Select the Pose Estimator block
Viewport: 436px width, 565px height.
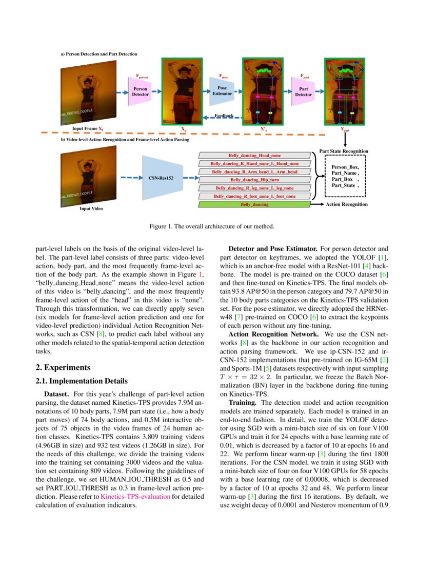tap(222, 91)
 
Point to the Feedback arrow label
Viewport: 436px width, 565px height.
tap(224, 116)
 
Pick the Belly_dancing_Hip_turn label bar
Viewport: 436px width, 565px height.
tap(254, 180)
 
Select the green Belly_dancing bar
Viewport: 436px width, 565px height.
tap(254, 204)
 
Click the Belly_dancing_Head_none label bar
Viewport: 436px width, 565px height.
tap(254, 155)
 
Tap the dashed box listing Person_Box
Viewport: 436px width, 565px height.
tap(346, 176)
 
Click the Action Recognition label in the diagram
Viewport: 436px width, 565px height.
tap(347, 204)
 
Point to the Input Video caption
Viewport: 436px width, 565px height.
tap(90, 209)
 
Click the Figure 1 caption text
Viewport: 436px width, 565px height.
tap(217, 226)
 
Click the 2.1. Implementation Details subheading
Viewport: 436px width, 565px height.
tap(77, 381)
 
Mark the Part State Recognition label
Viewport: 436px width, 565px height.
tap(343, 151)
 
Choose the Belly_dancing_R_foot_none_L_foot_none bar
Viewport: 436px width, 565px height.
tap(254, 196)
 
